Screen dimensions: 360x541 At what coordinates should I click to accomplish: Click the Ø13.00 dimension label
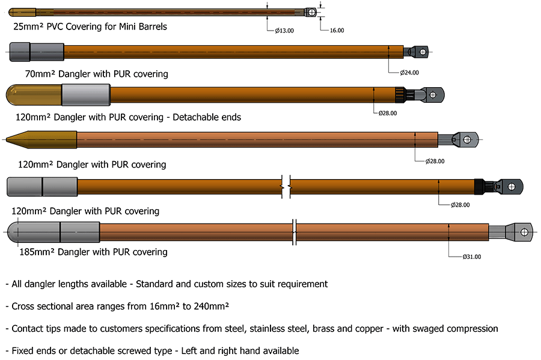point(284,30)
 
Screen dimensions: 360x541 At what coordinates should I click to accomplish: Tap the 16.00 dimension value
point(337,30)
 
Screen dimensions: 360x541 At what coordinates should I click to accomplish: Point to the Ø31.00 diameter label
point(471,257)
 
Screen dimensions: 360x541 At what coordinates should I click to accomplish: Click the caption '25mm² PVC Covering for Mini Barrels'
point(90,26)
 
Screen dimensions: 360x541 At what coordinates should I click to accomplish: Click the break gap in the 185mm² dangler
point(294,232)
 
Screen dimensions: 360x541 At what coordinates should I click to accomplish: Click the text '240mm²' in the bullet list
point(209,306)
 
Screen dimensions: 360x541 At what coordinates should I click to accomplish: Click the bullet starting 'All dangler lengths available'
point(167,284)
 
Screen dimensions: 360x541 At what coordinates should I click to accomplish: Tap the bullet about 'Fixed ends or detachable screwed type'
point(152,350)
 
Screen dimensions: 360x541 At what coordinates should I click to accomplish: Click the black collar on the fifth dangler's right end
point(479,186)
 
